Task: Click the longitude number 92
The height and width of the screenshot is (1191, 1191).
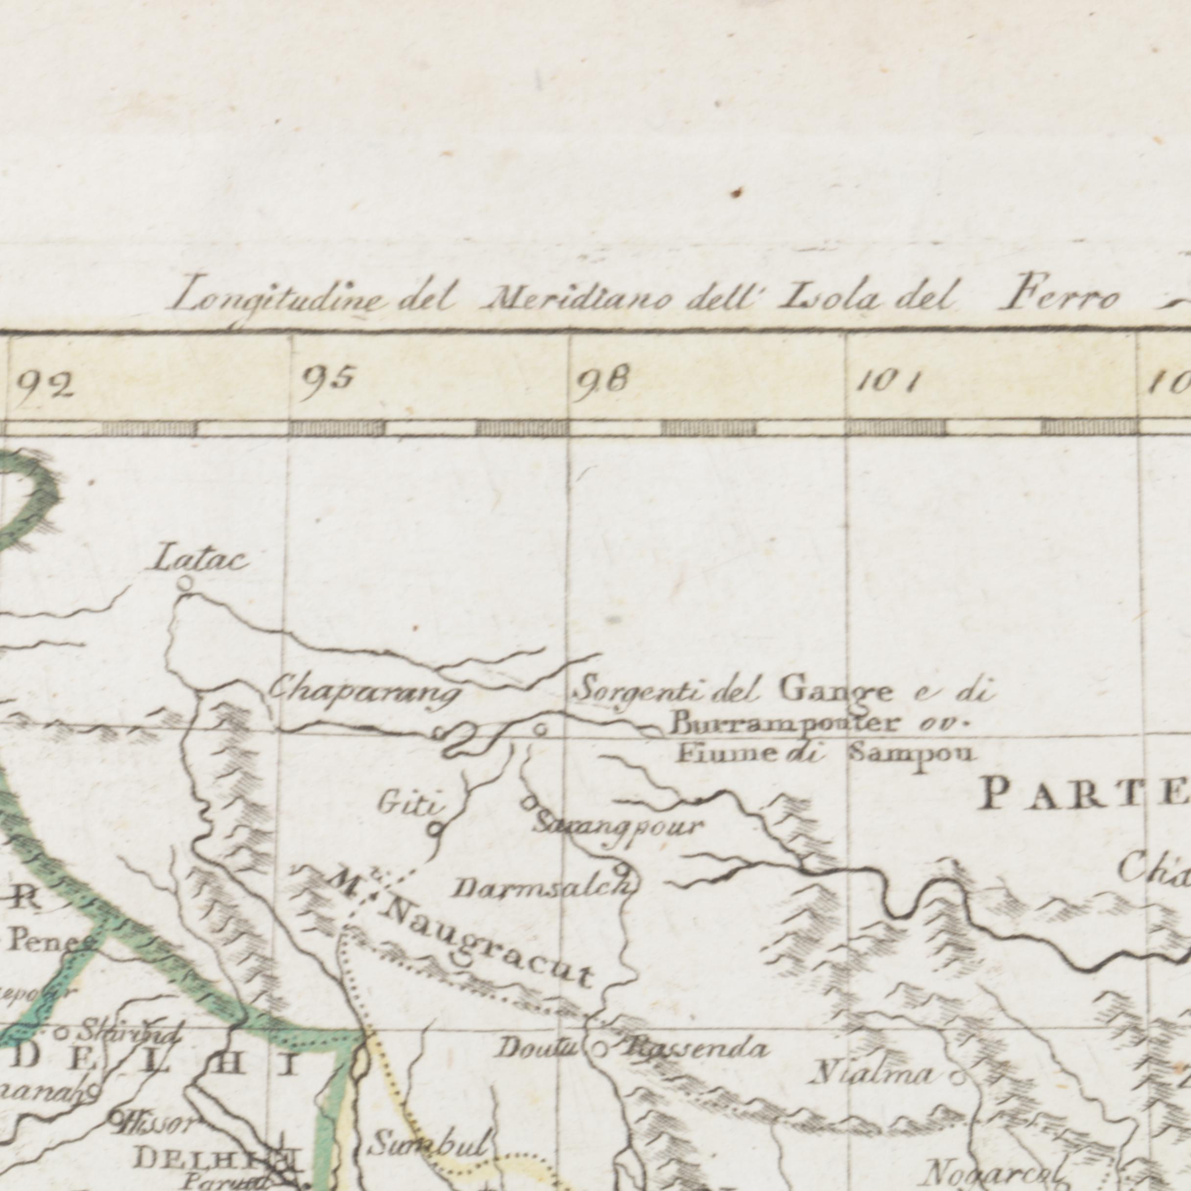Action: (x=46, y=387)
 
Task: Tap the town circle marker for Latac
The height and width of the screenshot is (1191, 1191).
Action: (x=184, y=581)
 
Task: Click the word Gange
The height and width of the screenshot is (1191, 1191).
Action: (x=835, y=690)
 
